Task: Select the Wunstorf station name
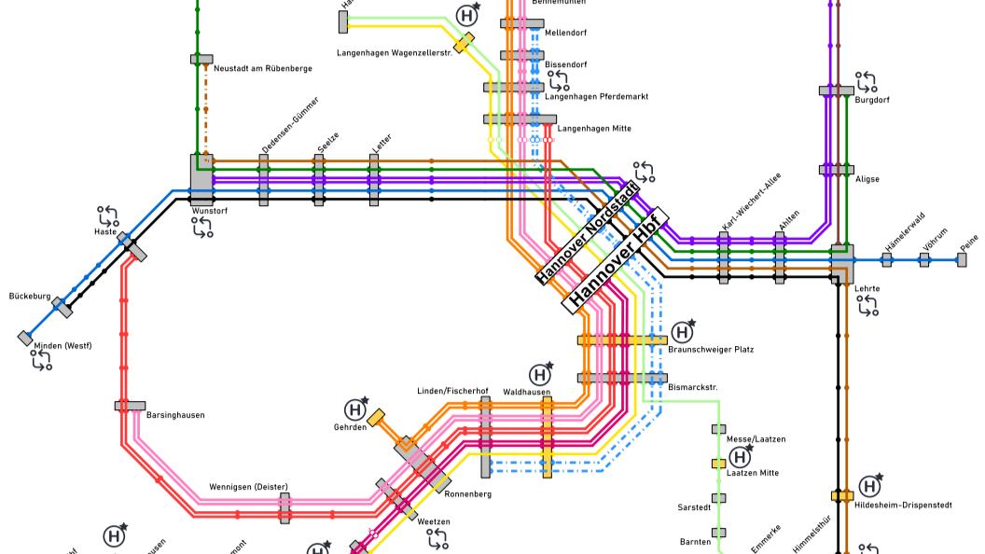pos(210,212)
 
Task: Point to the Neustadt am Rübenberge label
pos(263,68)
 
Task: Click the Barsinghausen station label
pos(174,415)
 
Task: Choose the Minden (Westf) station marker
pos(25,338)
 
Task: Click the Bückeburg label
pos(29,296)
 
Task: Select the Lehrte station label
pos(867,288)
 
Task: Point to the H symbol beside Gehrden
pos(354,409)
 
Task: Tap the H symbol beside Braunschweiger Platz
pos(683,332)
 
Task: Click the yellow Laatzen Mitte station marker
pos(719,464)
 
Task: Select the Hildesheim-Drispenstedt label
pos(903,506)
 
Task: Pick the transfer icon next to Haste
pos(108,216)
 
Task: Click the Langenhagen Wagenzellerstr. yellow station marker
pos(464,43)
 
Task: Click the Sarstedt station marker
pos(719,498)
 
